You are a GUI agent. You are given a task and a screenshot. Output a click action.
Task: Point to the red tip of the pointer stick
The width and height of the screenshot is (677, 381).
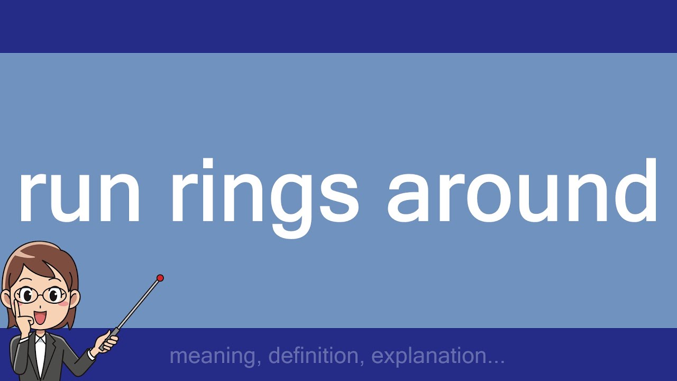(x=160, y=278)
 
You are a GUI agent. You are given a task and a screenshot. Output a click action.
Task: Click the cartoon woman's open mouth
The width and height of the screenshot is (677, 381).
(x=40, y=318)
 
